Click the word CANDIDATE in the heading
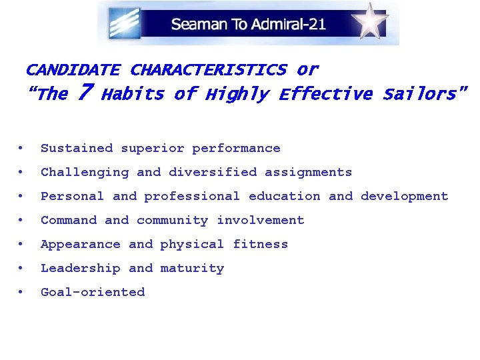pos(73,69)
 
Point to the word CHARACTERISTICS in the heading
pos(208,69)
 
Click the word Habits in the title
pos(133,94)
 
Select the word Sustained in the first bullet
pos(77,148)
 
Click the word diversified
pos(213,172)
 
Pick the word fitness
pos(261,244)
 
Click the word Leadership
pos(81,268)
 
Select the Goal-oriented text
pos(93,292)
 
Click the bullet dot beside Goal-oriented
pos(23,292)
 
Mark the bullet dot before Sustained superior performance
pos(23,148)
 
